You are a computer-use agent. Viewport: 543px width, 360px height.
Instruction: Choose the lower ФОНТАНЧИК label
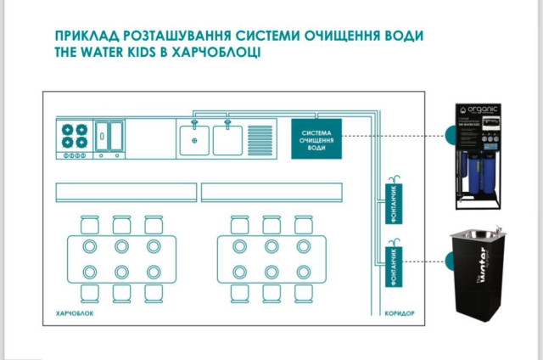point(393,264)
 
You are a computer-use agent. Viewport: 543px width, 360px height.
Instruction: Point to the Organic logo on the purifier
point(480,110)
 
